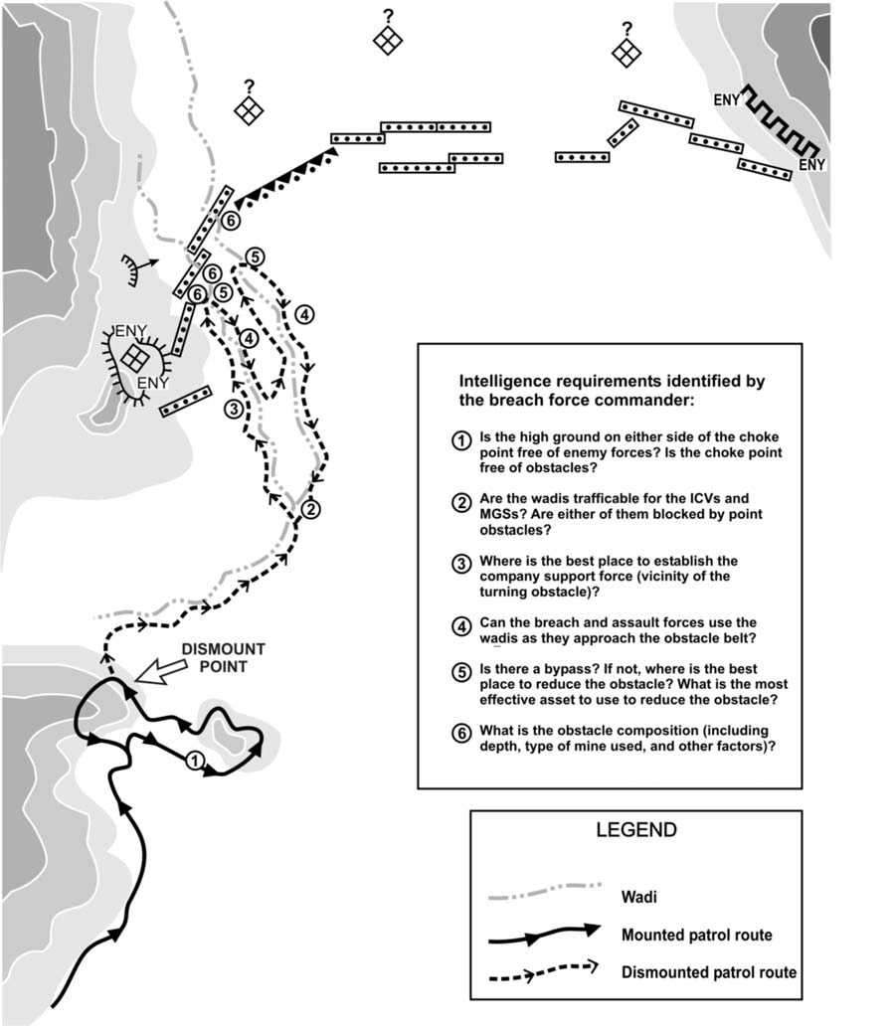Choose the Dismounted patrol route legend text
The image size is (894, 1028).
pos(707,972)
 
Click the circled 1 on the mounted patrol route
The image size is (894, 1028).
pos(196,761)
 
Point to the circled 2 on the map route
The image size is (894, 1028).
pos(309,509)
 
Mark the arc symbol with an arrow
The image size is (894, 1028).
pos(132,266)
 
